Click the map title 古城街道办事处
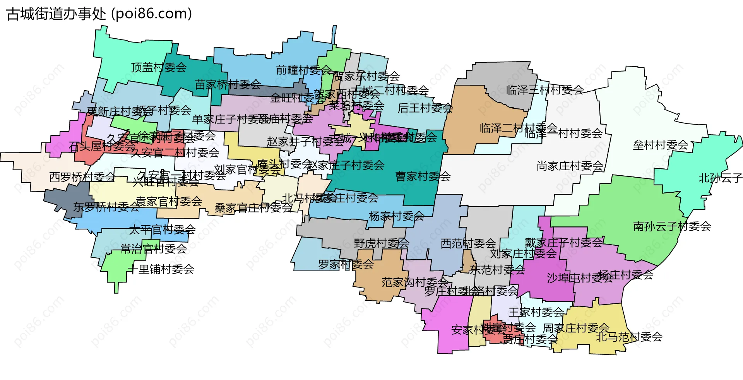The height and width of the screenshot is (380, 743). click(x=56, y=14)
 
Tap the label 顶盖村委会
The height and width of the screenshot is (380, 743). click(x=159, y=67)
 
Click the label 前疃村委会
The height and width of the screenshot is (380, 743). click(x=303, y=70)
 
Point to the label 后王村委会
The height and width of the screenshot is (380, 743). click(x=425, y=108)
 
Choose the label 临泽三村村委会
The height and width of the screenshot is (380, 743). click(x=545, y=90)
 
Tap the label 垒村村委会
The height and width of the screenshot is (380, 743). click(x=661, y=145)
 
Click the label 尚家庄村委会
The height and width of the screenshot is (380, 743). click(x=570, y=166)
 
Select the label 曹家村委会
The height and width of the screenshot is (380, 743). click(x=423, y=176)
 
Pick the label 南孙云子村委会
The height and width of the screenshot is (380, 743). click(x=672, y=226)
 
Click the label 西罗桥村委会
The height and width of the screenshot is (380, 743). click(x=82, y=177)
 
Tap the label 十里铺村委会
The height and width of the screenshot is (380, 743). click(x=161, y=269)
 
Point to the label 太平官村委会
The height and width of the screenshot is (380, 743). click(x=162, y=230)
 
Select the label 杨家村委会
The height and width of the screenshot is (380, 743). click(x=396, y=216)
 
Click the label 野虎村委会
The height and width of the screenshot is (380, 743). click(x=381, y=243)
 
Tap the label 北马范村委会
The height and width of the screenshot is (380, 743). click(x=629, y=337)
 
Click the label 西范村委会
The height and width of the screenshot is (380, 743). click(x=468, y=243)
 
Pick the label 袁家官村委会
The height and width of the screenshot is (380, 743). click(x=169, y=201)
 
